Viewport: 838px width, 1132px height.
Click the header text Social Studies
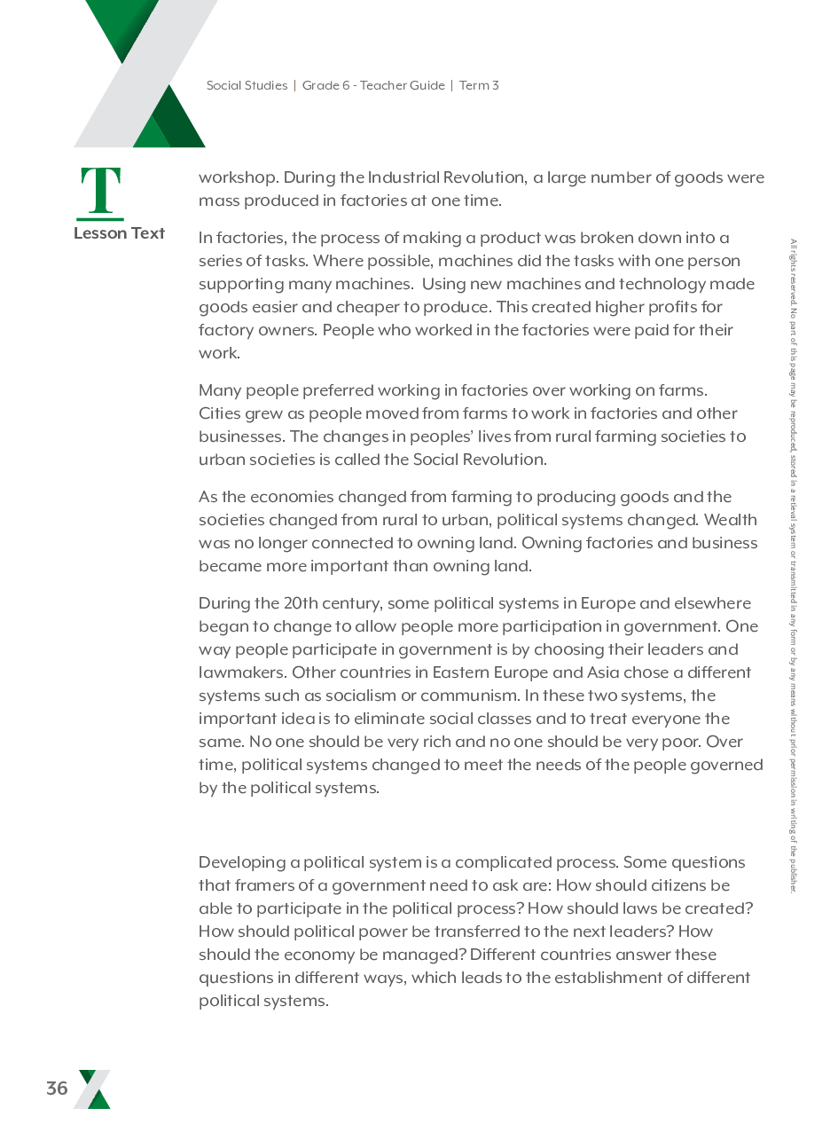(x=247, y=86)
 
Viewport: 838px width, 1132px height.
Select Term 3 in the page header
(x=479, y=86)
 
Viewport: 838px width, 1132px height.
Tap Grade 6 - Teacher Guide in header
(x=373, y=86)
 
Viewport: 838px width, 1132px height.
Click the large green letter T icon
(x=101, y=193)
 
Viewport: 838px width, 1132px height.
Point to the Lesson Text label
(x=119, y=233)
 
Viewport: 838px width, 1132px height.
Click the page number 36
(x=57, y=1089)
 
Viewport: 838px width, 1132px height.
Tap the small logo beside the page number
(x=94, y=1089)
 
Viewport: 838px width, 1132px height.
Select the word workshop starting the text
(x=236, y=177)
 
